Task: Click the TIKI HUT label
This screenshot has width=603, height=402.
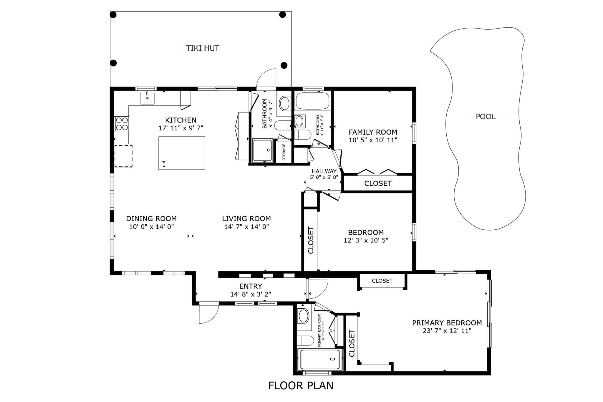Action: (203, 48)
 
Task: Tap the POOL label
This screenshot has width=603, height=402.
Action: (486, 117)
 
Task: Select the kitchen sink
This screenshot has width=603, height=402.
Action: (147, 98)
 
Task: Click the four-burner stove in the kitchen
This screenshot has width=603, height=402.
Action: (122, 124)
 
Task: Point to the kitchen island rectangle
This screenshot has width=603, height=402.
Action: (182, 153)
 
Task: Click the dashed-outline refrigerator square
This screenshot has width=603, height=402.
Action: (123, 156)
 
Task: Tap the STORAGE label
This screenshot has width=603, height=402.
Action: (284, 152)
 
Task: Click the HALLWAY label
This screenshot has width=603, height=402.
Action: (324, 171)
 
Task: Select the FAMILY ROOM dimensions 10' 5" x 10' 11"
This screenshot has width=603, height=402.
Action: (373, 140)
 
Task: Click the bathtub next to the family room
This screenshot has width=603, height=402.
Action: (313, 101)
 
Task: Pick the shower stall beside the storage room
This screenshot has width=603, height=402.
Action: (262, 150)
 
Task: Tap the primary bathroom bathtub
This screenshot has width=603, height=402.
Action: (319, 359)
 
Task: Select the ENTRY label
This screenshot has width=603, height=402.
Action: (251, 286)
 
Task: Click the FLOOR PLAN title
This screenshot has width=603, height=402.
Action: (301, 386)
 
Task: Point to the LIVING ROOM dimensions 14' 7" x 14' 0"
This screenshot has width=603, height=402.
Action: (246, 226)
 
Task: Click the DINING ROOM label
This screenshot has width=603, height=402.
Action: (151, 219)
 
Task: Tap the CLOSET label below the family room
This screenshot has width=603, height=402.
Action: (378, 183)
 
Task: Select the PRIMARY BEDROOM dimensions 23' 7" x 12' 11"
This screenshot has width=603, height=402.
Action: (447, 331)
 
